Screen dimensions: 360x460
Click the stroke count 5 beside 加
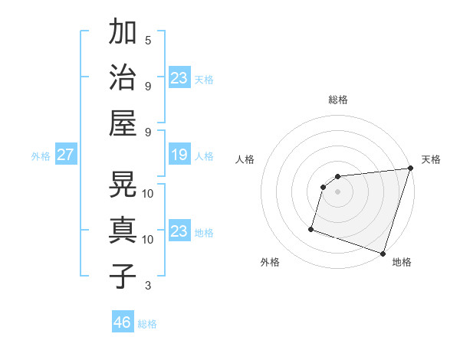pos(148,41)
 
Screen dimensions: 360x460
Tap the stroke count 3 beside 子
pos(148,286)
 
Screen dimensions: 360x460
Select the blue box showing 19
pos(179,155)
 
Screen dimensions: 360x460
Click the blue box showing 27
pos(65,155)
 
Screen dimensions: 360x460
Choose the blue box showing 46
pos(123,322)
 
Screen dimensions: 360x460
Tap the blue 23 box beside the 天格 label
pos(179,78)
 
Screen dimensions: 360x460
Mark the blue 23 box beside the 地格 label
pos(179,232)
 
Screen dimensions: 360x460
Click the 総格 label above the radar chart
pos(338,100)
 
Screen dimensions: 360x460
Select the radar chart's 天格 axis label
pos(431,159)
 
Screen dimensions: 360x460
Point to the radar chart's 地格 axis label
pos(402,262)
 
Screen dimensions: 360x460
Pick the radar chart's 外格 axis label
pos(270,262)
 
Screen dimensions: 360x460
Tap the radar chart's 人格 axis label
pos(245,159)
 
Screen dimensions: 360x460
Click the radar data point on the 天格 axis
pos(411,169)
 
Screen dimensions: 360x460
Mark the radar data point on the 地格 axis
pos(383,253)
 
